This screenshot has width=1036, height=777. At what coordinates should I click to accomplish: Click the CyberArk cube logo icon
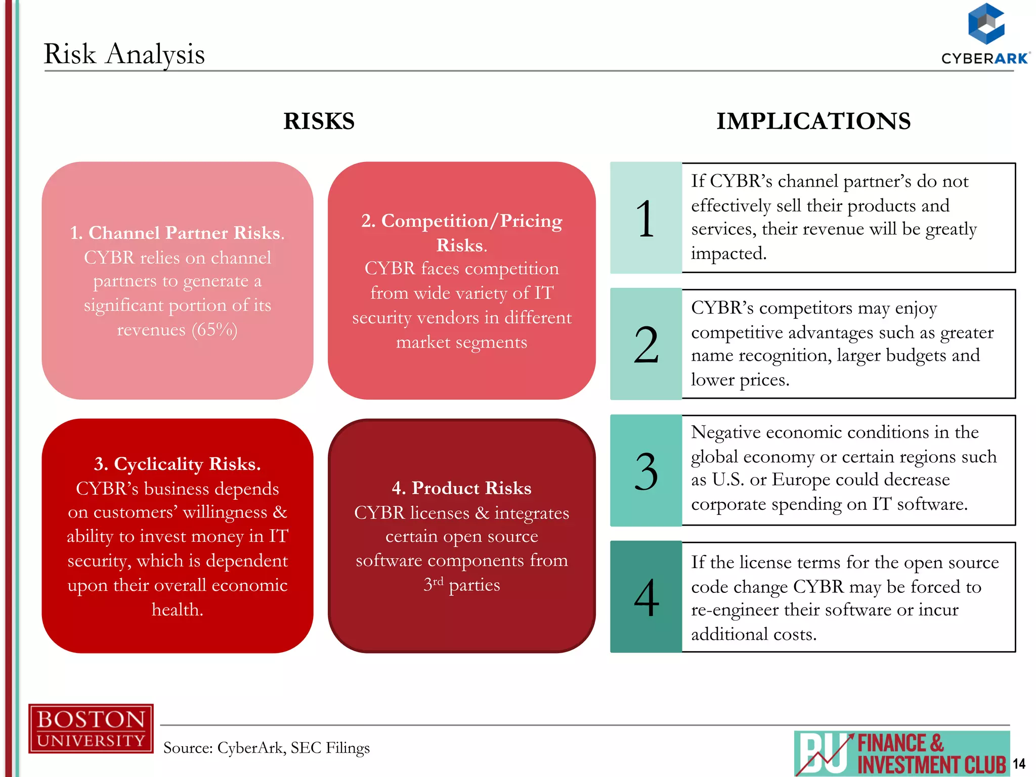pos(985,24)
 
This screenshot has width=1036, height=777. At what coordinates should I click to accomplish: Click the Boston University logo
pos(91,728)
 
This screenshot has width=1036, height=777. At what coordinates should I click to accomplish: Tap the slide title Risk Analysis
pos(124,54)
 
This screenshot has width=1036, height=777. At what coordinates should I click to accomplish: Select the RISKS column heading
pos(319,121)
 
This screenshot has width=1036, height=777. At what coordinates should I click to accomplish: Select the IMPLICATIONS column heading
pos(813,121)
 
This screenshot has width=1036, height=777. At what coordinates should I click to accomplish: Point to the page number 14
pos(1019,763)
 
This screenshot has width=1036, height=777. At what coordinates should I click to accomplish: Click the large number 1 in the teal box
pos(645,219)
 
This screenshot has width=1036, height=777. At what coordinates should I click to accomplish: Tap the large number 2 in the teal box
pos(646,345)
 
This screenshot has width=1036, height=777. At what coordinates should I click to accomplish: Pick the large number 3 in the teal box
pos(646,471)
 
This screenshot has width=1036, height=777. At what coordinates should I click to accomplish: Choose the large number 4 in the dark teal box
pos(646,598)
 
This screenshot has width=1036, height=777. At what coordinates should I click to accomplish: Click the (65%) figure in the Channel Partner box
pos(214,329)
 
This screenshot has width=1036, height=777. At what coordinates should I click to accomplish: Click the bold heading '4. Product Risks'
pos(461,488)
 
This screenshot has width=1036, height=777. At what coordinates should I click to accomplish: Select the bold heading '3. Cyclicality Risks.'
pos(178,464)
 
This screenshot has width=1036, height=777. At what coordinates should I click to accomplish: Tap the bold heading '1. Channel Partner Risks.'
pos(178,233)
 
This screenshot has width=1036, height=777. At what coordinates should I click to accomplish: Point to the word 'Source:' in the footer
pos(188,748)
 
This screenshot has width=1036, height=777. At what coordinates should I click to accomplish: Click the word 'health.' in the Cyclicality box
pos(178,610)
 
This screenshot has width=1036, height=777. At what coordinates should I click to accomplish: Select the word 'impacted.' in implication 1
pos(729,253)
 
